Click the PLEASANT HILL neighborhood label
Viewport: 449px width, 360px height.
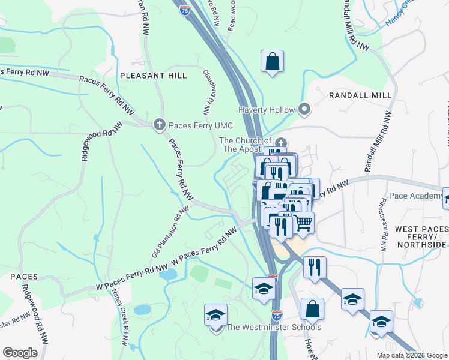(153, 76)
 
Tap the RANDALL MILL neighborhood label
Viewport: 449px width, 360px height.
(360, 95)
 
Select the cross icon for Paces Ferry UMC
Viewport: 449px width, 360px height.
(159, 124)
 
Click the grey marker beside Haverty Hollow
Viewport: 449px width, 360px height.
(304, 109)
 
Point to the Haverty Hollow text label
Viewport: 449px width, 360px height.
(267, 110)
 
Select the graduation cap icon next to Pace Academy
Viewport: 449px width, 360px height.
(447, 197)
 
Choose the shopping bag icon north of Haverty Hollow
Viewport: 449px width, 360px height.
(272, 61)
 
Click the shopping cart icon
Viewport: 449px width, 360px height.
(303, 223)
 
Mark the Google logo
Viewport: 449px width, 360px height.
(20, 353)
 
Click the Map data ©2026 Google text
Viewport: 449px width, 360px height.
(411, 355)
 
